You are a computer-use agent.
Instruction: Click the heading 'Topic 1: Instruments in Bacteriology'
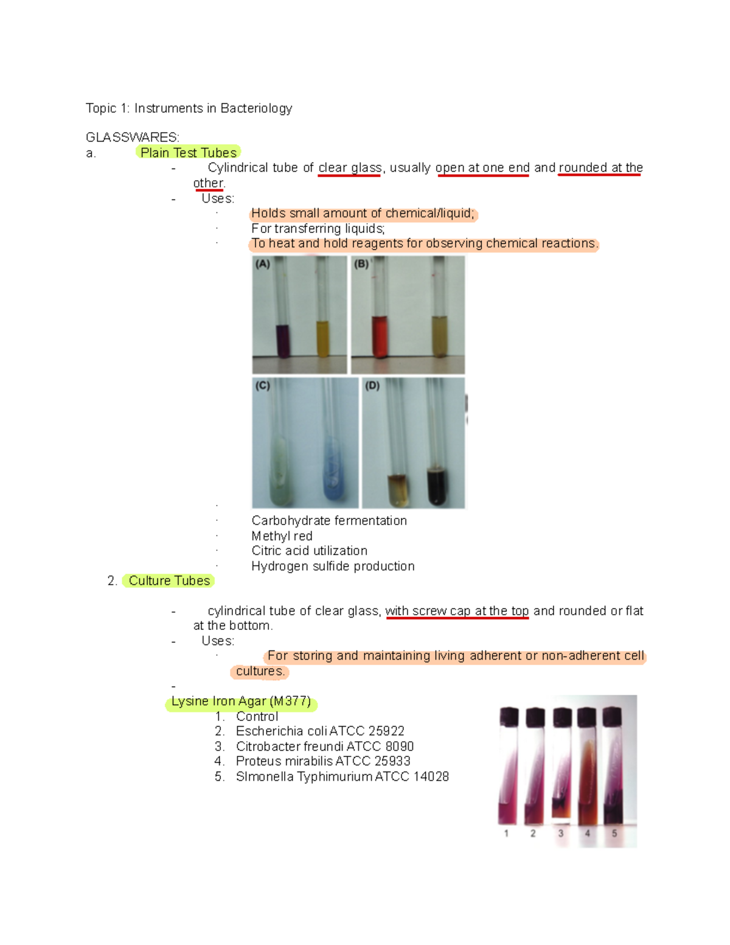click(189, 108)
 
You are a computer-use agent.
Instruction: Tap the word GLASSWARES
click(132, 137)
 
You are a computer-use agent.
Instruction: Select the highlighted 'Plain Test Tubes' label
click(188, 153)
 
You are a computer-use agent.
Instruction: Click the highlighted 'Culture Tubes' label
click(169, 581)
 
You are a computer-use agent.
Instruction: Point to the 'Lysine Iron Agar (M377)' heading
click(241, 702)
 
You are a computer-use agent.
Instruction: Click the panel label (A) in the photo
click(262, 264)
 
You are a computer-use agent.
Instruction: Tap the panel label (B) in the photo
click(361, 264)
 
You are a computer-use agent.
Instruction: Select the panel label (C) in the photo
click(262, 386)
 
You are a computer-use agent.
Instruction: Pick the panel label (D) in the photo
click(372, 386)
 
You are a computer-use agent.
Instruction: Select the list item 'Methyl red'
click(282, 536)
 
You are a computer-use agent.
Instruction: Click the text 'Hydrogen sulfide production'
click(333, 567)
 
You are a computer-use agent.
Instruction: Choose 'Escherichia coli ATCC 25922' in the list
click(320, 731)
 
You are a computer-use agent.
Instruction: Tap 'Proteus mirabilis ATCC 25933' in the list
click(323, 762)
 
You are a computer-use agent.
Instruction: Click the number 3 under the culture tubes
click(560, 833)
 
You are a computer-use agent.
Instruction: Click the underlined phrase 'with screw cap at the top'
click(457, 611)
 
